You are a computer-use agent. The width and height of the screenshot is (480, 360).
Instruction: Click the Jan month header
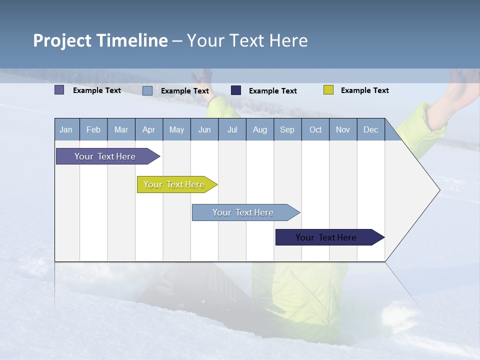(x=66, y=129)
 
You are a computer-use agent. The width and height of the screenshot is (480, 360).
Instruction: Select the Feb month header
(x=93, y=129)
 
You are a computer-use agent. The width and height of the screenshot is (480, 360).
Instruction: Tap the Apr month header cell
(x=149, y=129)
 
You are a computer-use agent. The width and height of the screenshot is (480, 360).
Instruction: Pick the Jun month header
(x=204, y=129)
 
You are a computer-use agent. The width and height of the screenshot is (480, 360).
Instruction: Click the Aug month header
(x=260, y=129)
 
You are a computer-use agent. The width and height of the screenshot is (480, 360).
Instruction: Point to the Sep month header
(x=287, y=129)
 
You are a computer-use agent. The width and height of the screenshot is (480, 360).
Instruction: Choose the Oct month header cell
(x=315, y=129)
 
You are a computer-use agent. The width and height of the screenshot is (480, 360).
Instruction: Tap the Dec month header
(x=371, y=129)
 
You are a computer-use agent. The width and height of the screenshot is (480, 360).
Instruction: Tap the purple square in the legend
(x=59, y=90)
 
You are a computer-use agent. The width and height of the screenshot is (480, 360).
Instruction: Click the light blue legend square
(x=147, y=90)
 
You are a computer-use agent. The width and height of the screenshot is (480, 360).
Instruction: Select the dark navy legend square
(x=236, y=90)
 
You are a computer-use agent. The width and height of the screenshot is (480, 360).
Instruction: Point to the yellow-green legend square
(x=328, y=90)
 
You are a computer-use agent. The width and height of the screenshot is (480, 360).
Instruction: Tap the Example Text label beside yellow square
(x=364, y=90)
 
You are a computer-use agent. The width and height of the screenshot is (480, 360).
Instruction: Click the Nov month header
(x=343, y=129)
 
